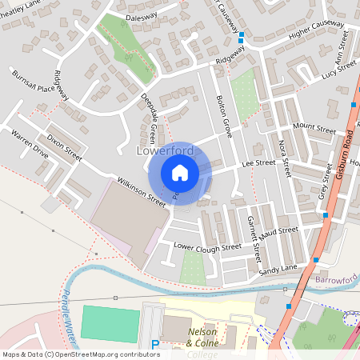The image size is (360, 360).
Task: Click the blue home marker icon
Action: [x=180, y=172]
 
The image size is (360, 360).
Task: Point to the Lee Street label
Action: [x=258, y=162]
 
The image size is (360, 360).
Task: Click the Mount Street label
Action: [x=314, y=127]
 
